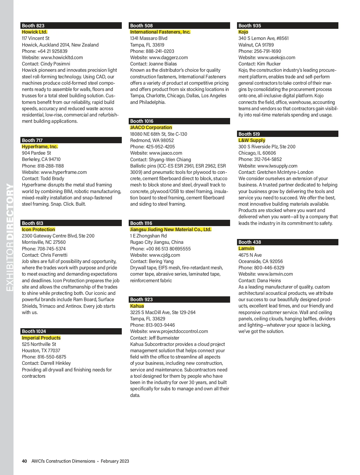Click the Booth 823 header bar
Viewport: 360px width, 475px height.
click(x=71, y=26)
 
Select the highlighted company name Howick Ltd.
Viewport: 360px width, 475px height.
click(x=34, y=32)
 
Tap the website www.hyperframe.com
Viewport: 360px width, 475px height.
click(x=64, y=172)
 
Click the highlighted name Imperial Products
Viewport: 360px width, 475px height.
click(x=41, y=338)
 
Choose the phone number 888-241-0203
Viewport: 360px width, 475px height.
click(x=160, y=51)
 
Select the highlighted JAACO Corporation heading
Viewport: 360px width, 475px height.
click(x=151, y=128)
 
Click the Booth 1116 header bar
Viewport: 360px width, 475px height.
click(x=180, y=223)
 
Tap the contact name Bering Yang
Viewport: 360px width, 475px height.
click(x=161, y=262)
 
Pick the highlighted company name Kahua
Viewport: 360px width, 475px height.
click(x=137, y=306)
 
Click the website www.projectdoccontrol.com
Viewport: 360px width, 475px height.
click(x=178, y=331)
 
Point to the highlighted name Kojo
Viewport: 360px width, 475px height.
click(x=243, y=32)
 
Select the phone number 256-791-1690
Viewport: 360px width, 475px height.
click(x=267, y=51)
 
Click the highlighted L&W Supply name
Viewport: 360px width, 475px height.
click(x=252, y=141)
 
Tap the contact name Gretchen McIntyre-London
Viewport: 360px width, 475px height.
click(x=285, y=172)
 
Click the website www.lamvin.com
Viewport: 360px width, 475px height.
click(x=275, y=274)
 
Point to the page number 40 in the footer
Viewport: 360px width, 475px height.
click(x=25, y=461)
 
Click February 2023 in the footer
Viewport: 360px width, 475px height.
click(x=115, y=461)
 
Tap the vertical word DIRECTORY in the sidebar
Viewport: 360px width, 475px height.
click(x=10, y=212)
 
